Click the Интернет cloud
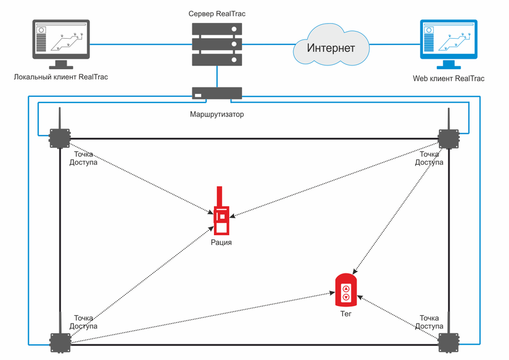point(330,47)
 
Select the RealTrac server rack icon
point(216,44)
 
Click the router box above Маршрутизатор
point(216,93)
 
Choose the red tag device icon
point(345,290)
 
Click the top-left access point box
point(59,138)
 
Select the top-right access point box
point(449,138)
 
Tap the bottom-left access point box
point(59,342)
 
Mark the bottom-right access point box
point(449,342)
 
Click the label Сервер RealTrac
point(216,13)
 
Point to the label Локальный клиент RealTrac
point(61,78)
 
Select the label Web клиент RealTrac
point(448,78)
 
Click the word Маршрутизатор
point(216,113)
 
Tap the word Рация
point(221,242)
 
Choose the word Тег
point(345,315)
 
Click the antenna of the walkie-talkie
point(219,196)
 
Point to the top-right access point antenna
point(448,118)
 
